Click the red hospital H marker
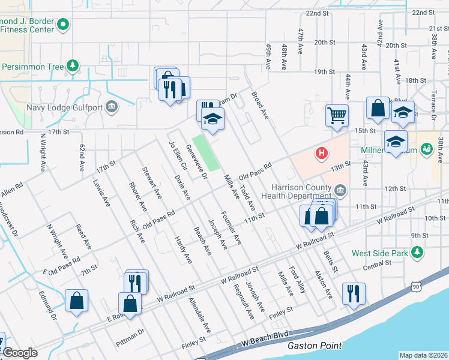click(322, 154)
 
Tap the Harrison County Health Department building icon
click(340, 191)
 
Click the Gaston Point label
click(315, 346)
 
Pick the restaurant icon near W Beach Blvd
click(352, 293)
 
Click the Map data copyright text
click(423, 355)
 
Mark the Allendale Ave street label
click(200, 316)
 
